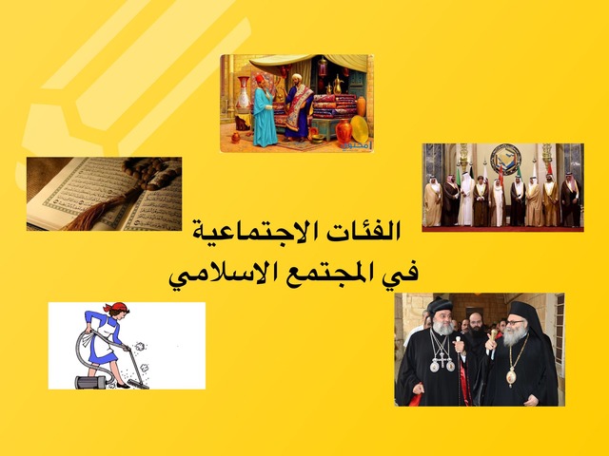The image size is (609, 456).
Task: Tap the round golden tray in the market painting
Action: coord(360,129)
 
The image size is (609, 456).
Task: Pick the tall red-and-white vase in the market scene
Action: coord(244,92)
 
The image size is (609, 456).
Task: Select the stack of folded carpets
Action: coord(334,105)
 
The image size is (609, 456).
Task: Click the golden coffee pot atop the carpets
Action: coord(337,85)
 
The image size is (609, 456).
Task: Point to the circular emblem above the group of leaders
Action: coord(504,159)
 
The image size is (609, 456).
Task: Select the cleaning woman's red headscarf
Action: coord(116,307)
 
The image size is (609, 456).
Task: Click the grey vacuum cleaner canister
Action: coord(90,382)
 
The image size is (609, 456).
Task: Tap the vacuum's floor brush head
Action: coord(139,385)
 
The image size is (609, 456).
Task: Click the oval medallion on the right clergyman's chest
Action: coord(511,377)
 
